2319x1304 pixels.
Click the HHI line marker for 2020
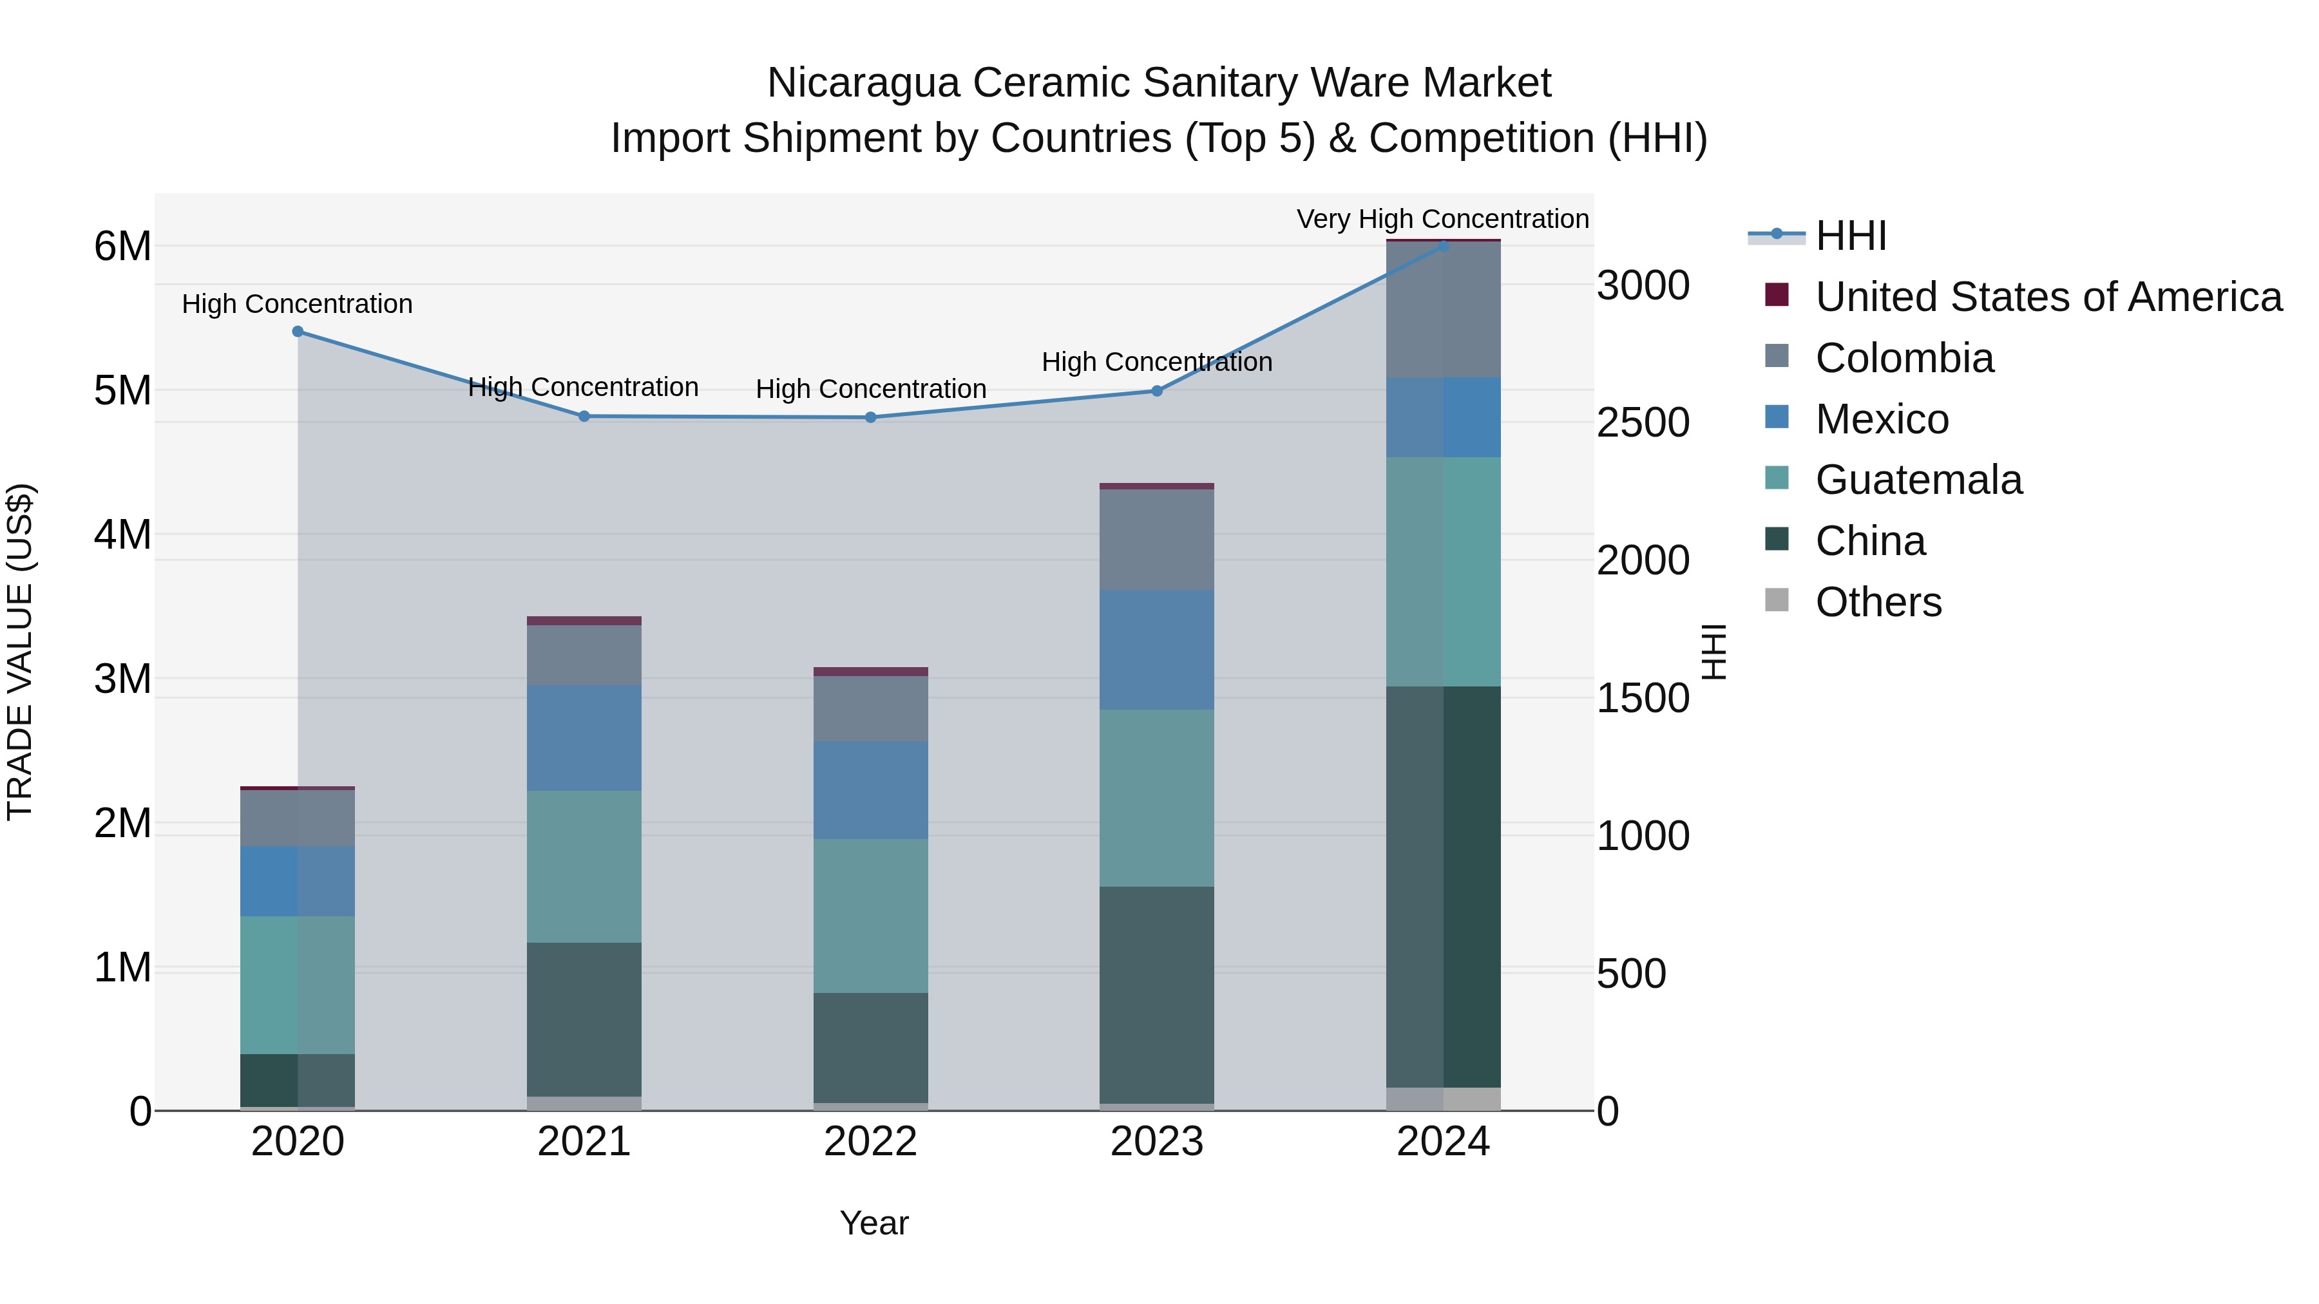point(298,331)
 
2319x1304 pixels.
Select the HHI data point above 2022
point(870,417)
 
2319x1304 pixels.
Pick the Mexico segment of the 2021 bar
point(584,738)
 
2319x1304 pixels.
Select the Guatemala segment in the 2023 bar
point(1157,798)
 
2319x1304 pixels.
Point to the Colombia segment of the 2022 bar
point(870,708)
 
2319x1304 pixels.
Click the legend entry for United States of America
point(2048,297)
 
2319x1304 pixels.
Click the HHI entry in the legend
point(1850,236)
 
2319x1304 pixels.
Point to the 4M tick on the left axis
point(122,534)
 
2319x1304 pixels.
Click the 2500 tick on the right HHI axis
point(1643,423)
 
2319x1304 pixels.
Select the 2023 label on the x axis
point(1157,1142)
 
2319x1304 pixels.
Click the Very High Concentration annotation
point(1442,219)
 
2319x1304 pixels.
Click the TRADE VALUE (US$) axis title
point(20,652)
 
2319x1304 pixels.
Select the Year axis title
point(874,1223)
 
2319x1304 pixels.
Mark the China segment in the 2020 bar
point(298,1080)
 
